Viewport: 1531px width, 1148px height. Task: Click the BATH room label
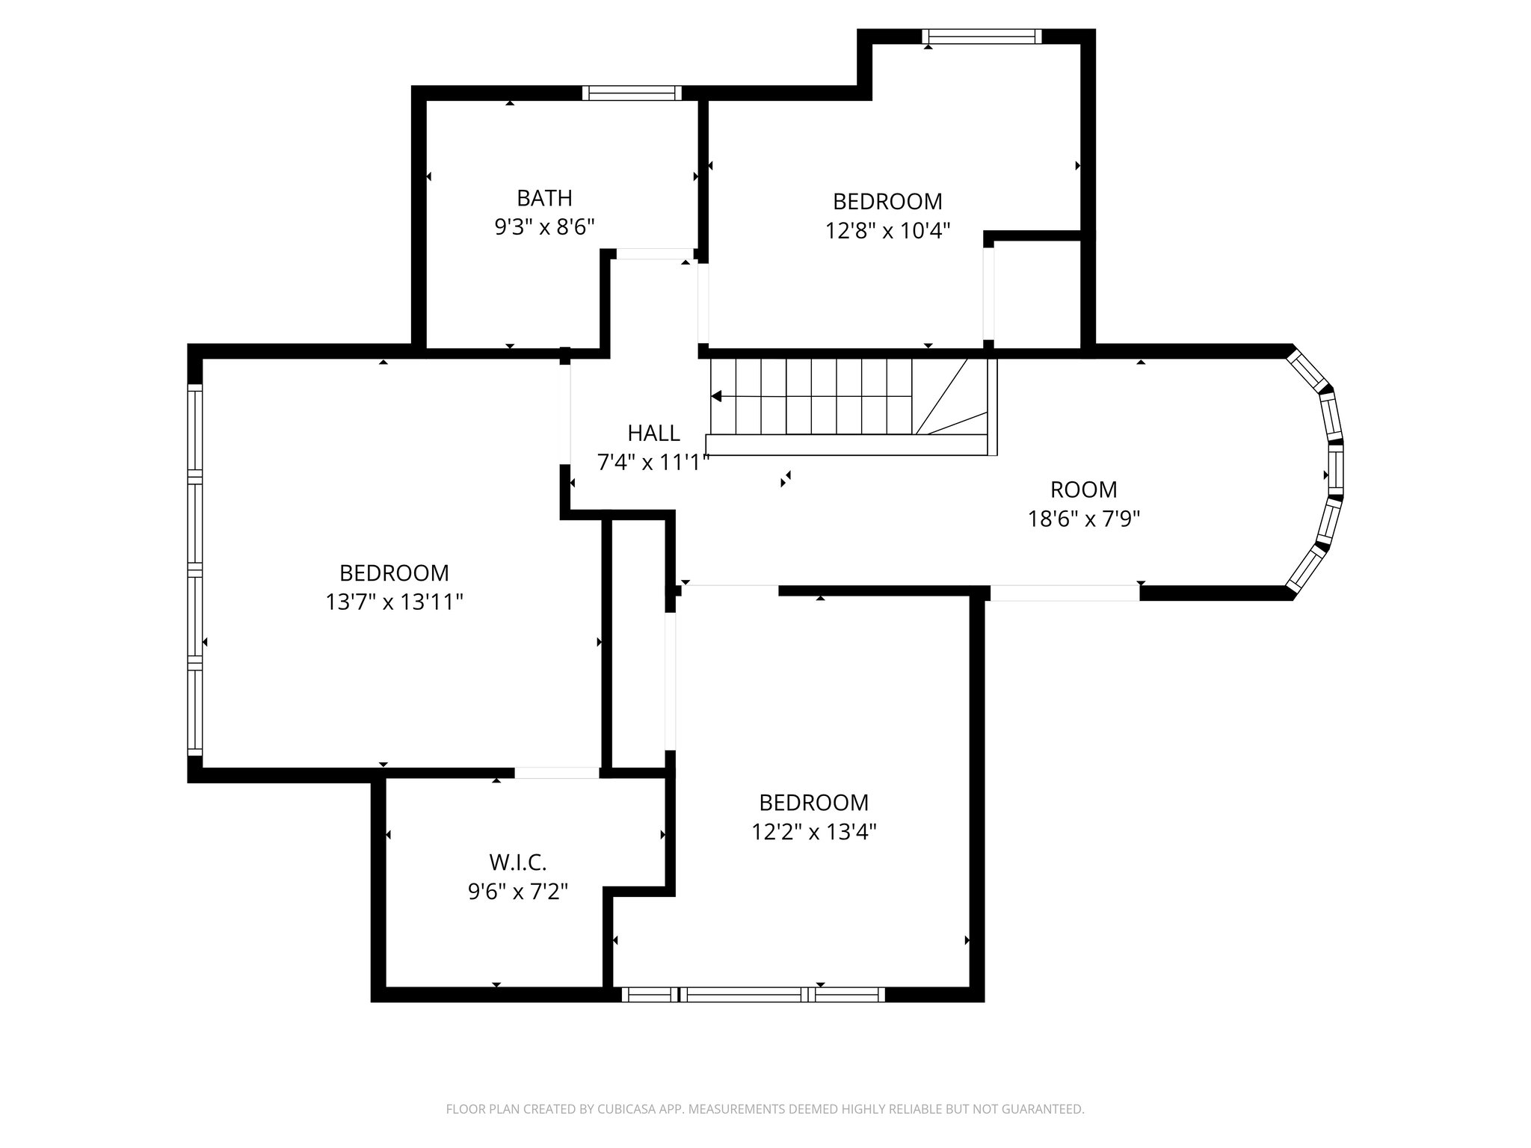click(x=544, y=198)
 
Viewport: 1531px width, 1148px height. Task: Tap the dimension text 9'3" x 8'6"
click(x=544, y=226)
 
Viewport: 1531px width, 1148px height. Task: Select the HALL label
click(x=653, y=433)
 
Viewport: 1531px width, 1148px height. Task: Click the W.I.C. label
click(x=518, y=862)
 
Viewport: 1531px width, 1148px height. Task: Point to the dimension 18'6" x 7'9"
click(x=1083, y=519)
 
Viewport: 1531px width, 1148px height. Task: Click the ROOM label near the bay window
click(x=1083, y=490)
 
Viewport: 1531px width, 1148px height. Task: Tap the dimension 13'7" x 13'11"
click(x=394, y=602)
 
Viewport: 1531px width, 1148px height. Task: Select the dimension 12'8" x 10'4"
click(x=887, y=230)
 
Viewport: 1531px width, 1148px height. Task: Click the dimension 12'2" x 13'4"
click(x=813, y=831)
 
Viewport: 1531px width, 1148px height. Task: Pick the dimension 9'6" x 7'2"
click(x=518, y=892)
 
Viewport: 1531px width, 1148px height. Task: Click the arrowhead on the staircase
click(x=716, y=396)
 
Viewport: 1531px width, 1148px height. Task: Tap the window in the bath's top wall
click(x=632, y=93)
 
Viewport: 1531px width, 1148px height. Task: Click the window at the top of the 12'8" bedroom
click(x=981, y=37)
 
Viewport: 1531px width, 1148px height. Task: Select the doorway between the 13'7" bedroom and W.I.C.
click(x=557, y=773)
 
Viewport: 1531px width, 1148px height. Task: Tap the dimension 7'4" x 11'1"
click(x=652, y=463)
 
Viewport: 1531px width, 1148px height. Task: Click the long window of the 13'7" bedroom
click(x=195, y=569)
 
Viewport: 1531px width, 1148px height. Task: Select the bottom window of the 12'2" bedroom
click(x=753, y=994)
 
